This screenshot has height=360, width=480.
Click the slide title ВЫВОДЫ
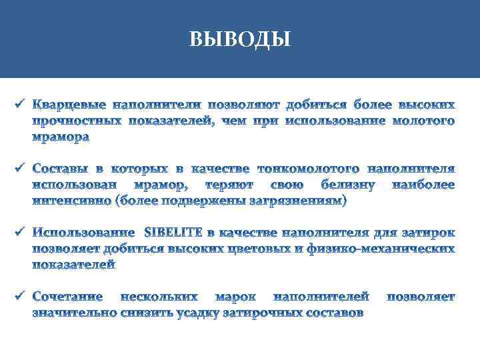click(240, 39)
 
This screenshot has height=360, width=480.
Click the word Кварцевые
click(71, 105)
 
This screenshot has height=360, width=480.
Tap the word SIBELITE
click(175, 233)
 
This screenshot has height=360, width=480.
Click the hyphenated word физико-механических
click(380, 249)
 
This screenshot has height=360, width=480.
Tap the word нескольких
click(159, 296)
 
